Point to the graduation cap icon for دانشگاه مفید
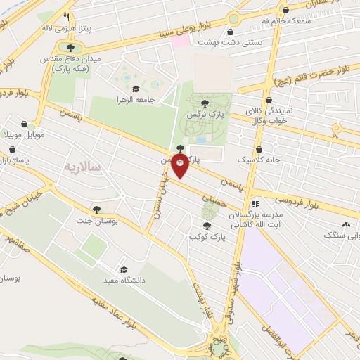coord(123,269)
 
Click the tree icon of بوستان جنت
coord(96,209)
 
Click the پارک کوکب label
coord(205,237)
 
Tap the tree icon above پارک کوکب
coord(206,226)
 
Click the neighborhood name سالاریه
coord(84,167)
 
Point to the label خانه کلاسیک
coord(259,160)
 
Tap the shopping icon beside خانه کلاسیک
coord(259,150)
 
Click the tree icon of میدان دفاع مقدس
coord(70,48)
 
